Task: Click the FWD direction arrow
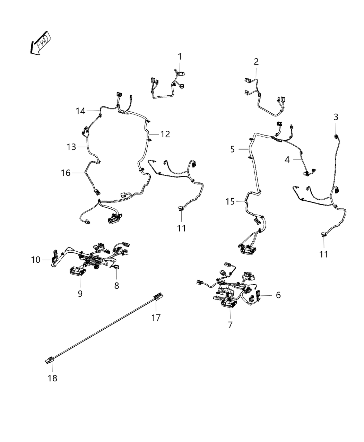click(x=40, y=44)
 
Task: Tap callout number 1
click(x=180, y=57)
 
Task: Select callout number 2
click(x=256, y=62)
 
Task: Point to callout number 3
click(x=336, y=117)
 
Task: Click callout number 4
click(x=287, y=160)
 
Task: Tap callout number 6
click(x=278, y=295)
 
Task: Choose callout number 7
click(x=231, y=325)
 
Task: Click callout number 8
click(x=116, y=285)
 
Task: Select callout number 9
click(x=80, y=294)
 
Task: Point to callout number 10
click(x=36, y=259)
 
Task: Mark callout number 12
click(x=165, y=134)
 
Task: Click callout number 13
click(x=71, y=147)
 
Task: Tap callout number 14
click(x=80, y=111)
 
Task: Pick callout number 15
click(x=230, y=201)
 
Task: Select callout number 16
click(x=66, y=173)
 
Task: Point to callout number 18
click(x=52, y=378)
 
